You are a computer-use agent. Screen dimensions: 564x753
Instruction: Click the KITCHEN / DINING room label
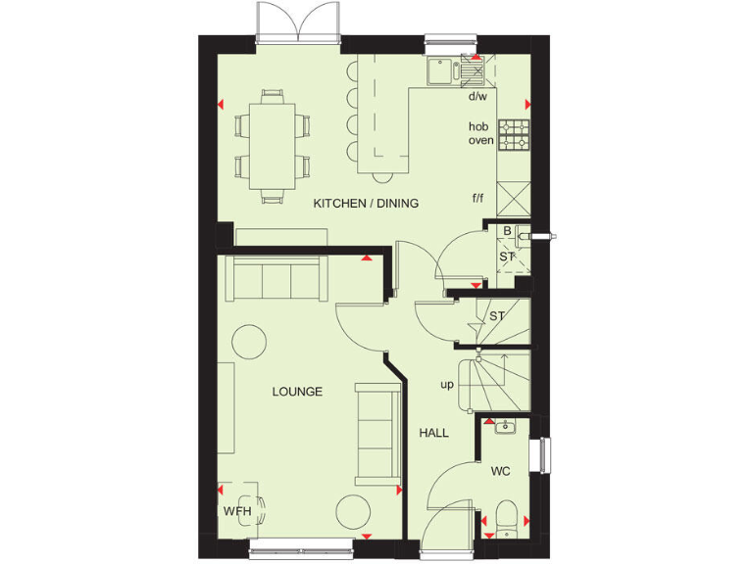(366, 204)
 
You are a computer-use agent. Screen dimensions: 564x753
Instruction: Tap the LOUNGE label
(297, 392)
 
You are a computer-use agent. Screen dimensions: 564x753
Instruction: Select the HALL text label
(433, 432)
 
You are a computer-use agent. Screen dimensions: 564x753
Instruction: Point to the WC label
(500, 472)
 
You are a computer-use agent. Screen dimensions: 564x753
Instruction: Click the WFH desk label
(236, 511)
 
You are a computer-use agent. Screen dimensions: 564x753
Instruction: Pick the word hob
(478, 126)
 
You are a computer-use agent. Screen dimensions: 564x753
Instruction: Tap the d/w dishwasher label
(477, 97)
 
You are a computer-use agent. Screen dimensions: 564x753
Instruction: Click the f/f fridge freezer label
(478, 198)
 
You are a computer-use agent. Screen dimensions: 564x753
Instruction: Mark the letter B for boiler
(507, 232)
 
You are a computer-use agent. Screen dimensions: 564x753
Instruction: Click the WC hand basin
(505, 426)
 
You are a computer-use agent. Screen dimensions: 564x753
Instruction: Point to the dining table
(272, 144)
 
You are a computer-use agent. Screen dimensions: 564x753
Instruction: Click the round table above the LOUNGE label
(249, 342)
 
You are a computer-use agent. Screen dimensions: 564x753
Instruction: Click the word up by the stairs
(446, 385)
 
